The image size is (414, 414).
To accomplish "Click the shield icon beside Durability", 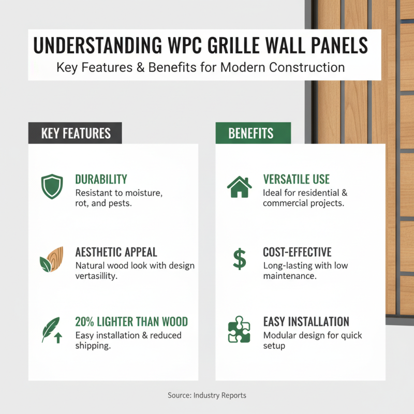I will click(x=52, y=187).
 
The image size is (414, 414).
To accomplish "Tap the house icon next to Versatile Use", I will click(x=239, y=187).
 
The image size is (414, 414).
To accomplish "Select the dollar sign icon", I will click(x=239, y=259).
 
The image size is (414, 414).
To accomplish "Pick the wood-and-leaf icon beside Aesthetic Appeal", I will click(x=52, y=259).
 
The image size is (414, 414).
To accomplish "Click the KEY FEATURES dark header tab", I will click(x=76, y=133).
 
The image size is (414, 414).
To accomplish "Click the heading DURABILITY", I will click(x=101, y=180).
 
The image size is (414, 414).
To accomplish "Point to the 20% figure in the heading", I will click(x=87, y=321).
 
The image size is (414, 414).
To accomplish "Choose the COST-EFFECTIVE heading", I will click(x=297, y=252).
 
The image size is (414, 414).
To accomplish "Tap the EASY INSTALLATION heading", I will click(x=306, y=321).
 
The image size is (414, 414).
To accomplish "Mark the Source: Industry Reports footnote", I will click(x=207, y=395).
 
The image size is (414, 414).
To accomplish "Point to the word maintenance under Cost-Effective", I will click(x=290, y=276).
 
